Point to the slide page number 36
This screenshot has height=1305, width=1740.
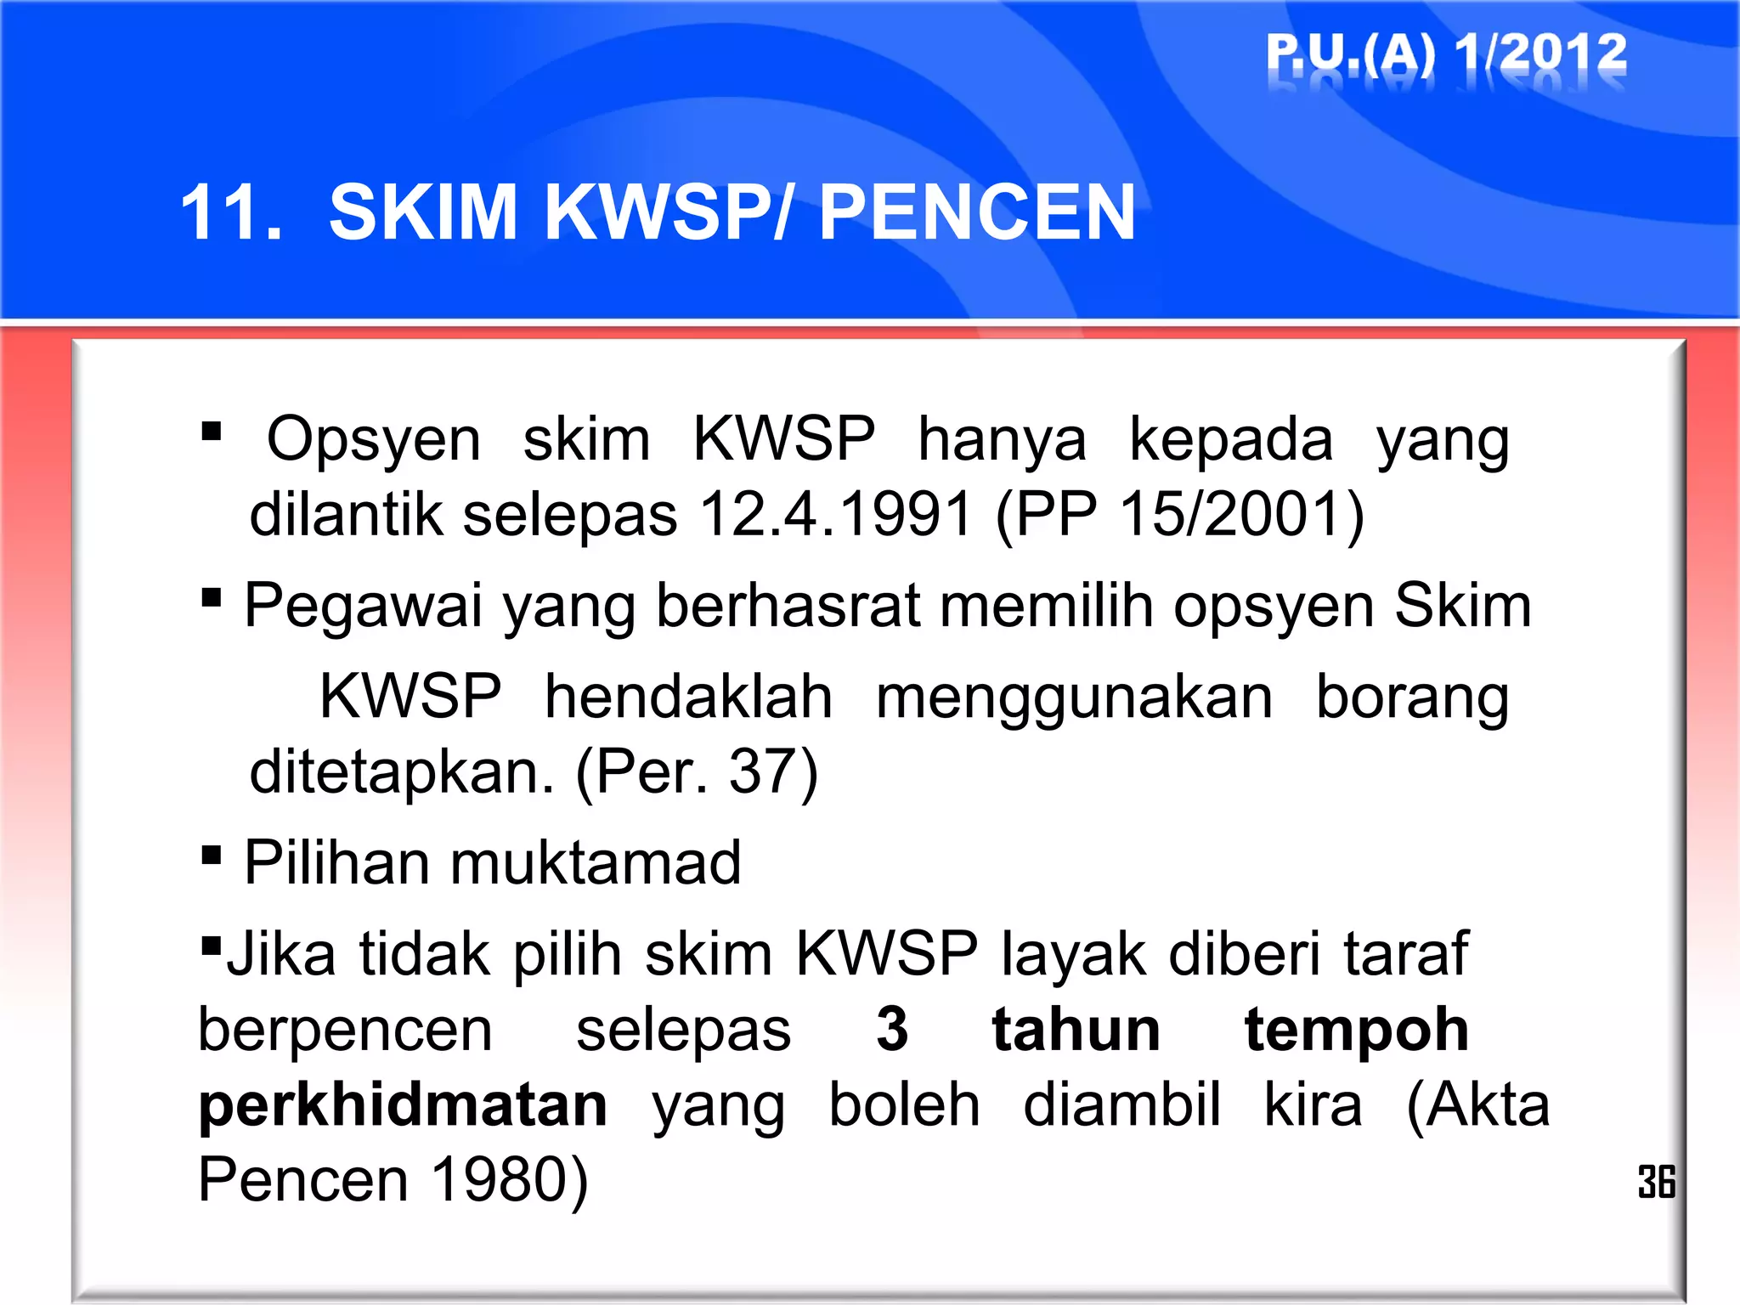point(1656,1182)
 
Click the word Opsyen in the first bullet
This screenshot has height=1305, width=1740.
point(374,439)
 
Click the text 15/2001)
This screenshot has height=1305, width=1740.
point(1241,514)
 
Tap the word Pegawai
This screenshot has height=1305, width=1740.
point(364,607)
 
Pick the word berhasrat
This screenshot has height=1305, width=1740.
point(788,607)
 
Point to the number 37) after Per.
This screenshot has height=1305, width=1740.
point(773,771)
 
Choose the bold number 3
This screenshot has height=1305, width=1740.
point(892,1029)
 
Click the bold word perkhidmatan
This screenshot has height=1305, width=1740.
point(403,1104)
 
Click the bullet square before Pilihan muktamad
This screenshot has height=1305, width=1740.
point(212,854)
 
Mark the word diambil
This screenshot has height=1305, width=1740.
point(1121,1104)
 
